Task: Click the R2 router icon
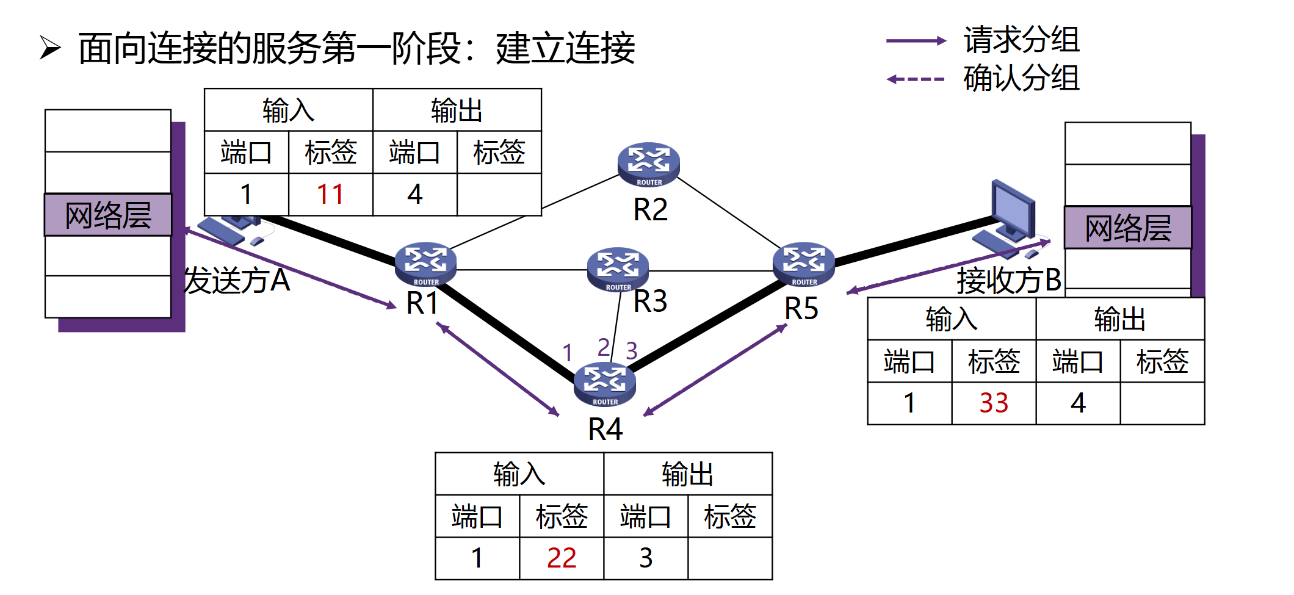point(648,164)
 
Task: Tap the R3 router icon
point(618,268)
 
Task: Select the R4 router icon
point(604,383)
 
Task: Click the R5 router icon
point(803,264)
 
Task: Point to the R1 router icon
point(425,264)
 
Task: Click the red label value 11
point(330,195)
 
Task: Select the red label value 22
point(562,558)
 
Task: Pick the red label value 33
point(994,403)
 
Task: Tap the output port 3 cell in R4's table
point(646,558)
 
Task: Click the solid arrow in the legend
point(916,41)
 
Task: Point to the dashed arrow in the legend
point(916,79)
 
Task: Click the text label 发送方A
point(237,281)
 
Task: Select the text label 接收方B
point(1008,281)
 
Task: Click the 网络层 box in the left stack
point(108,215)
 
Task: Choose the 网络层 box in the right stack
point(1128,228)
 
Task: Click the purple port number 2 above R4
point(603,347)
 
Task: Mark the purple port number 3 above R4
point(632,351)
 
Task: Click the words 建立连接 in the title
point(565,48)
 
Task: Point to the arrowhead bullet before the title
point(50,48)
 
